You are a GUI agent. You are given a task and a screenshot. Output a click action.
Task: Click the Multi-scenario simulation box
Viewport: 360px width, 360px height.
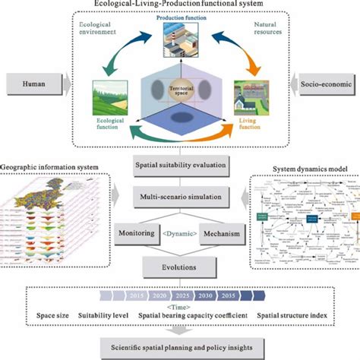[x=179, y=197]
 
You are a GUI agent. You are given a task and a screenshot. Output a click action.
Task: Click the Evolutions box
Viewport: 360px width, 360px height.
[x=179, y=268]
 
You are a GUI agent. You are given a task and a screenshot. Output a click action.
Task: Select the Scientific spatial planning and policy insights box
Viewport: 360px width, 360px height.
[x=181, y=347]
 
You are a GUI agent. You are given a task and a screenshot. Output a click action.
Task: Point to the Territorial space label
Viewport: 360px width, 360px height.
[x=180, y=89]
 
